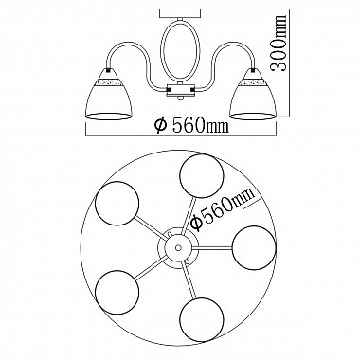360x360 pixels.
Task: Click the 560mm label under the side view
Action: click(191, 125)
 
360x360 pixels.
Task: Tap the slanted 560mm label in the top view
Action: click(223, 208)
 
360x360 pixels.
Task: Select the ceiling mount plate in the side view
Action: click(180, 14)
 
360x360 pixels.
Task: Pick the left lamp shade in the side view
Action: click(107, 94)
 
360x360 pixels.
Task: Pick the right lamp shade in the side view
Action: click(254, 94)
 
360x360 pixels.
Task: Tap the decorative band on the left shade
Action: click(107, 82)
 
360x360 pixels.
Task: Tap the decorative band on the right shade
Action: click(253, 82)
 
